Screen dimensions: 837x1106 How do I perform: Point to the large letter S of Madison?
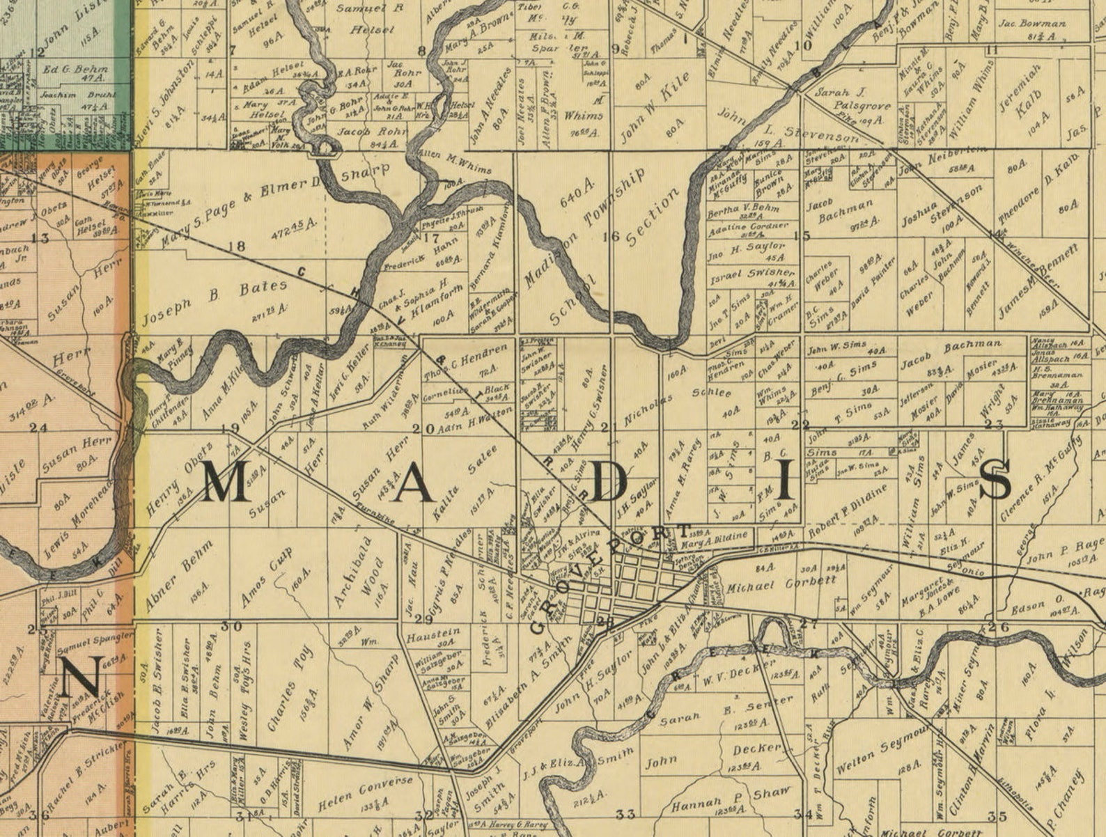click(x=997, y=481)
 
